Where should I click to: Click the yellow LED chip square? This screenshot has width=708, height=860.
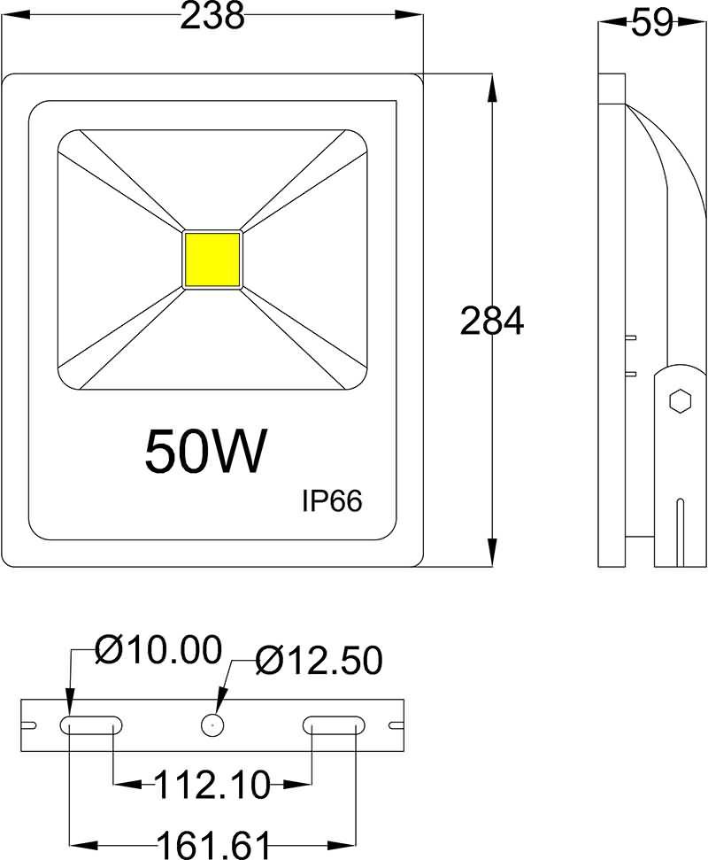[212, 260]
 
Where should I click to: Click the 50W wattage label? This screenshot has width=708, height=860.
[205, 452]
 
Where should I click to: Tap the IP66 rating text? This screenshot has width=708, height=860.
[332, 501]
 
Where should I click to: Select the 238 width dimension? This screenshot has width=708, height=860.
[212, 15]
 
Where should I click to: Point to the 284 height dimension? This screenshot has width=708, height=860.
[492, 322]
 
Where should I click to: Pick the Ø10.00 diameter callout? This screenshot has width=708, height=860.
[158, 651]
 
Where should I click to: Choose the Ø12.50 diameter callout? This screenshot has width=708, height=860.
[319, 660]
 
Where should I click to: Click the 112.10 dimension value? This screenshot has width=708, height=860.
[212, 783]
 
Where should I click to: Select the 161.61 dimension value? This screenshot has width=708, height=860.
[212, 842]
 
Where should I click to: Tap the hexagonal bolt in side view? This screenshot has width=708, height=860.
[680, 400]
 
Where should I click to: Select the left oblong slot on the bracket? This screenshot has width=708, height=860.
[90, 725]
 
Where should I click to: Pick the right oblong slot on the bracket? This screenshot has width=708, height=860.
[334, 725]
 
